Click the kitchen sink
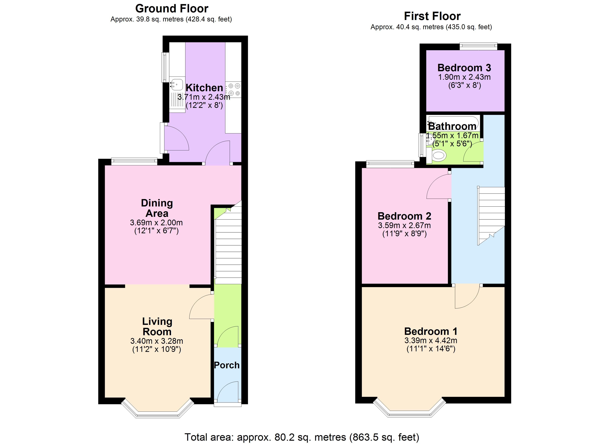(x=177, y=95)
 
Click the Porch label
(x=227, y=365)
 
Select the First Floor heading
(x=432, y=16)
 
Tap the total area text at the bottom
(x=302, y=437)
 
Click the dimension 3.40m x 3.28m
(x=157, y=341)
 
